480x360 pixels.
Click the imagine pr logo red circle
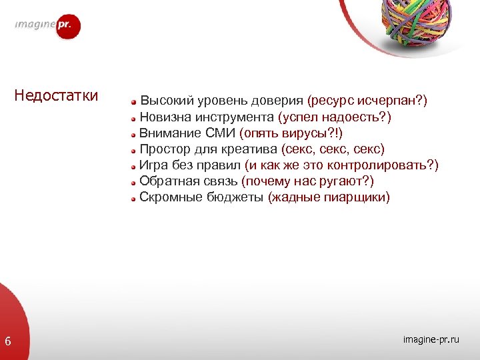coord(67,26)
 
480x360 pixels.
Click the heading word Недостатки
coord(57,95)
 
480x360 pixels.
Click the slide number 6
coord(8,342)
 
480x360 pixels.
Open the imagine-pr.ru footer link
coord(431,341)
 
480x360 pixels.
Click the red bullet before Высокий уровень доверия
coord(133,102)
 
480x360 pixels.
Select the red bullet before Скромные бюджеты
coord(133,198)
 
